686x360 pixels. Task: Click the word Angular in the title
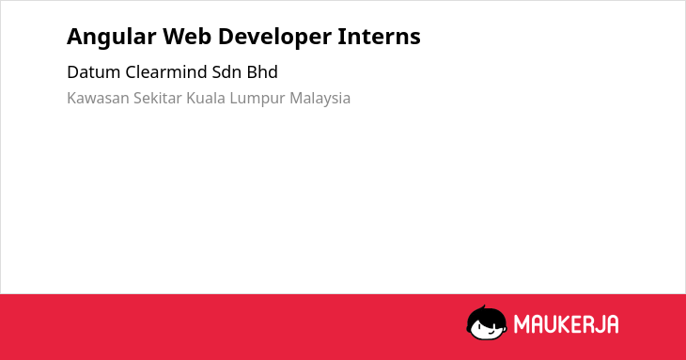[x=111, y=38]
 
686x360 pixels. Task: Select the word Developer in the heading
[x=274, y=38]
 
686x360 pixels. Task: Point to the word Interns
[x=379, y=36]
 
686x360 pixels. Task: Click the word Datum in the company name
[x=93, y=72]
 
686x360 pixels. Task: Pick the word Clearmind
[x=165, y=72]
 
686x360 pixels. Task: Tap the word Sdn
[x=226, y=72]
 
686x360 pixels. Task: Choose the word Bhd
[x=262, y=72]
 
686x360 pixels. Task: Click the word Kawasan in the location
[x=98, y=98]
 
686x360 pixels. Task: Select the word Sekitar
[x=158, y=98]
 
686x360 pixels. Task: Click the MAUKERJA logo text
[x=566, y=324]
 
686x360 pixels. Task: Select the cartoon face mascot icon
[x=487, y=322]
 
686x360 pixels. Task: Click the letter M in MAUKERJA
[x=522, y=324]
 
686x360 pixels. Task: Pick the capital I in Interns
[x=342, y=37]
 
